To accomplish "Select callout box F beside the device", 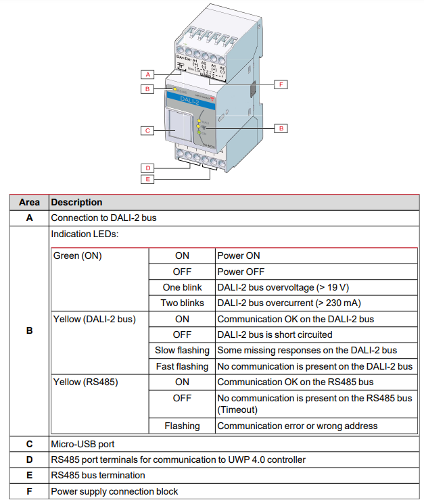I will point(281,84).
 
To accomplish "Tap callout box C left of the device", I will point(148,130).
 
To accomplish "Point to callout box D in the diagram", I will point(148,168).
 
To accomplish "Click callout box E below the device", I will point(148,179).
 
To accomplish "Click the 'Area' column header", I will point(29,202).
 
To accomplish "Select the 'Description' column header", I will point(77,202).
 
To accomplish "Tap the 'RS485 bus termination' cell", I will point(98,475).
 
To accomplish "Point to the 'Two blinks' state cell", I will point(182,303).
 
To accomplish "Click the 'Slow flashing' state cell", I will point(182,350).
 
